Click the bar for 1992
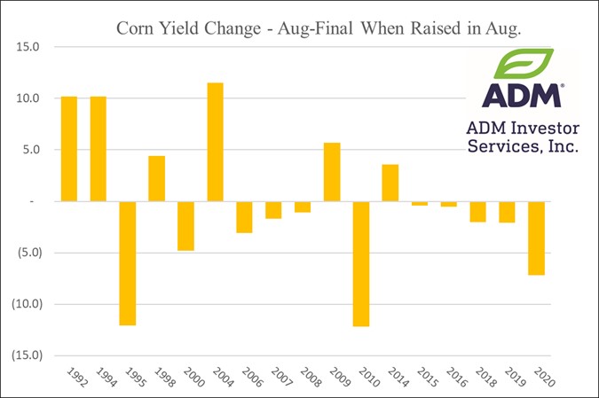[x=68, y=149]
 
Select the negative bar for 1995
[x=127, y=263]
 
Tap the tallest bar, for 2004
[x=215, y=142]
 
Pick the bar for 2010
[x=361, y=263]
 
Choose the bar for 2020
[x=536, y=238]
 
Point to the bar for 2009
[x=332, y=172]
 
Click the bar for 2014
[x=390, y=183]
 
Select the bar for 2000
[x=185, y=225]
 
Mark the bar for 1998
[x=156, y=178]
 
